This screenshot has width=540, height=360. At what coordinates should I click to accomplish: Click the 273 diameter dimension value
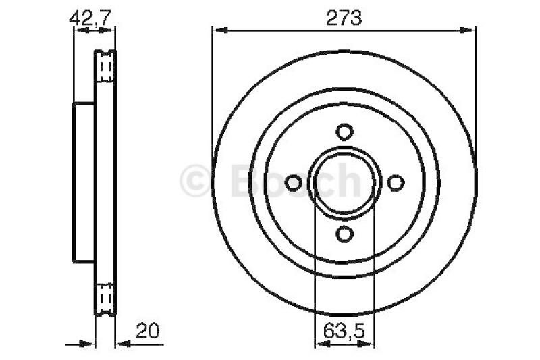point(344,18)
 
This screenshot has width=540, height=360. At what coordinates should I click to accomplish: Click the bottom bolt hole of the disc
point(344,234)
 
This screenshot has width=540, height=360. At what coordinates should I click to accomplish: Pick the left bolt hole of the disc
point(293,182)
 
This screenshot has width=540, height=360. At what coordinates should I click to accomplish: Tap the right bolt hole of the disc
point(396,182)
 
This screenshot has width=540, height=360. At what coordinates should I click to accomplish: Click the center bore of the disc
point(344,182)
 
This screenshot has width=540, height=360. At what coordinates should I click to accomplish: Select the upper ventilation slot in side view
point(105,67)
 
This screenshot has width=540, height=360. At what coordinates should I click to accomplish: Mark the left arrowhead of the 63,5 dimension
point(321,343)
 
